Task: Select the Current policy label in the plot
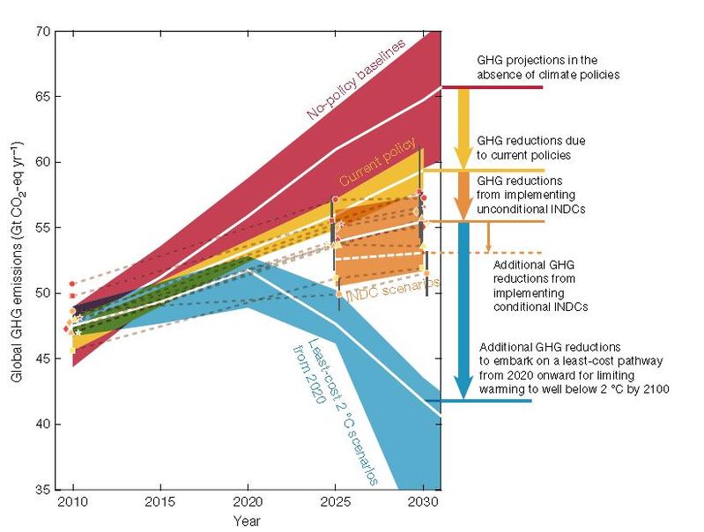(371, 166)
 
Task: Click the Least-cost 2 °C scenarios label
(335, 410)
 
